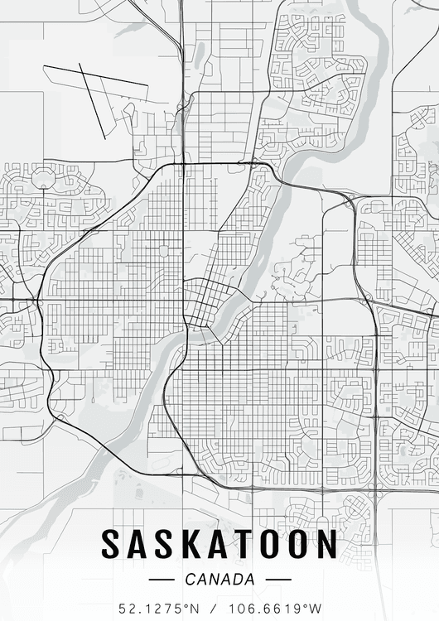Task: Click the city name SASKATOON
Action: [x=219, y=544]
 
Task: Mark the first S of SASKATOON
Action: [x=113, y=544]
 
